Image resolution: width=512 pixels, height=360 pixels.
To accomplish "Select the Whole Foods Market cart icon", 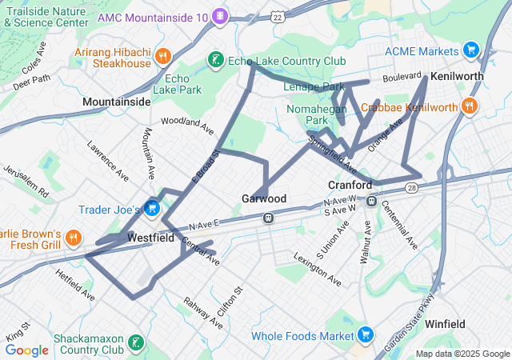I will pyautogui.click(x=366, y=334).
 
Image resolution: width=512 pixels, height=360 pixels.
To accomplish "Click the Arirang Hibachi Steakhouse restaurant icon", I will pyautogui.click(x=163, y=56).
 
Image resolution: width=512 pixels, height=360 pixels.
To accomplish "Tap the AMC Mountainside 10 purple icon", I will pyautogui.click(x=221, y=17).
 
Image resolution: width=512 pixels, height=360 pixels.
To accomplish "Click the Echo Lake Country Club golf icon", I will pyautogui.click(x=214, y=59).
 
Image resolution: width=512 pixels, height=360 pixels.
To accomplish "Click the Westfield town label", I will pyautogui.click(x=150, y=238).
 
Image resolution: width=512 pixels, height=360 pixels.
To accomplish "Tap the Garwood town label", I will pyautogui.click(x=264, y=198).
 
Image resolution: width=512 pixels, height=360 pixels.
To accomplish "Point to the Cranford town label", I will pyautogui.click(x=350, y=185).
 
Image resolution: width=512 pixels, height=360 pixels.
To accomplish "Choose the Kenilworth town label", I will pyautogui.click(x=458, y=76).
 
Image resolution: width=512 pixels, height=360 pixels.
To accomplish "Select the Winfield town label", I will pyautogui.click(x=446, y=324).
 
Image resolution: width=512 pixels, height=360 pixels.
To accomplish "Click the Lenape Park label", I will pyautogui.click(x=314, y=86).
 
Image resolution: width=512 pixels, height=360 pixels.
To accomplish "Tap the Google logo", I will pyautogui.click(x=26, y=350).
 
